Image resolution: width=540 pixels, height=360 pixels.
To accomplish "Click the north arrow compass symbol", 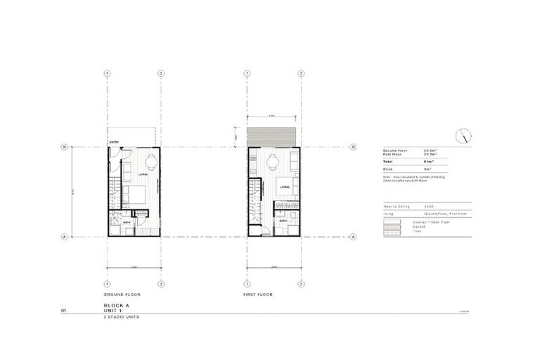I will pyautogui.click(x=463, y=135).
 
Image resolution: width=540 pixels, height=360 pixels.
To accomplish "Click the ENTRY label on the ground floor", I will pyautogui.click(x=114, y=143).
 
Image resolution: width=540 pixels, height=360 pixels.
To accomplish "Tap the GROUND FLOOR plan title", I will pyautogui.click(x=118, y=294).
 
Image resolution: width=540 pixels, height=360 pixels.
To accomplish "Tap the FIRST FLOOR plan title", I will pyautogui.click(x=257, y=294).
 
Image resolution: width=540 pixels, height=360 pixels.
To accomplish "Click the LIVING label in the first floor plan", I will pyautogui.click(x=284, y=187).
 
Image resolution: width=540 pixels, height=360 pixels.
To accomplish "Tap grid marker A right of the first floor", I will pyautogui.click(x=354, y=237).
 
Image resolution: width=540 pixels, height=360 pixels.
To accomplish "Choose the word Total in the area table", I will pyautogui.click(x=388, y=161).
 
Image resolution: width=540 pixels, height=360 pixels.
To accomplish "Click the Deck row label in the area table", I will pyautogui.click(x=387, y=169).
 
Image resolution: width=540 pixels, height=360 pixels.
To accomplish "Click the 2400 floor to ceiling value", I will pyautogui.click(x=430, y=207).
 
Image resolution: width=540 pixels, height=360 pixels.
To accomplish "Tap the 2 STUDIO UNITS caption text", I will pyautogui.click(x=120, y=317).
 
